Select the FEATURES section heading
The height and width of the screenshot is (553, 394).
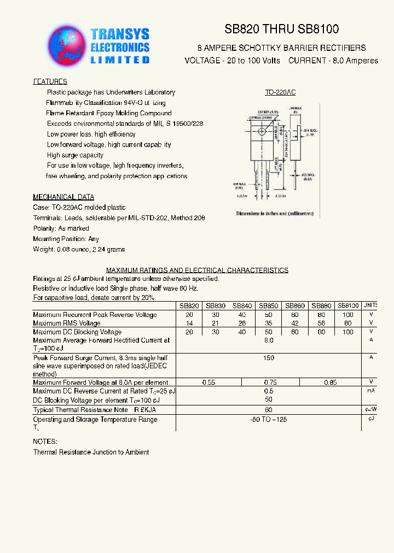(x=50, y=82)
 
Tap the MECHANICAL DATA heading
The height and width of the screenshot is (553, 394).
(x=63, y=197)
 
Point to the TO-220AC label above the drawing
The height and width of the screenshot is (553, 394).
(x=280, y=93)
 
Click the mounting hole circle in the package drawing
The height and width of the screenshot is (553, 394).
(x=263, y=131)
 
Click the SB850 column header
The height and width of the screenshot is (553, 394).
(x=268, y=306)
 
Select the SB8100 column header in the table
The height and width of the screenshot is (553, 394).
(x=348, y=306)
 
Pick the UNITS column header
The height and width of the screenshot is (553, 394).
(x=370, y=306)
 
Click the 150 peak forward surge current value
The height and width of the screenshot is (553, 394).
(x=268, y=357)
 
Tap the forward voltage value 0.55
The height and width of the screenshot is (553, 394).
(x=208, y=383)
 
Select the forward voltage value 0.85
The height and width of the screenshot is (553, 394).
(x=330, y=383)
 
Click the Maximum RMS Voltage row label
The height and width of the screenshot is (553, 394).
(x=67, y=323)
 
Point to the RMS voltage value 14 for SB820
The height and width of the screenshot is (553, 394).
(x=189, y=323)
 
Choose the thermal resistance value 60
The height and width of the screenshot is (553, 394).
(x=268, y=409)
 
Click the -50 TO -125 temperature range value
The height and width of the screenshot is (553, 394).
(x=268, y=420)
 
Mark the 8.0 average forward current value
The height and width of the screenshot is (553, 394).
(x=268, y=340)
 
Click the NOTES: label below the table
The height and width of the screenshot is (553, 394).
(x=45, y=441)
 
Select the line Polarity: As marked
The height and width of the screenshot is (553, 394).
(x=61, y=228)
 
